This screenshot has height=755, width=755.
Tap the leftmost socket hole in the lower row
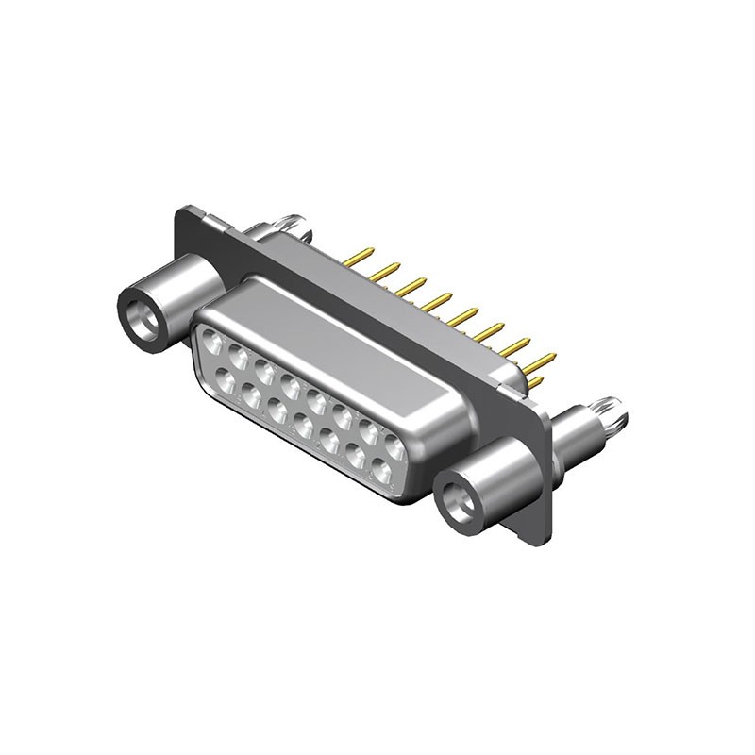[x=226, y=379]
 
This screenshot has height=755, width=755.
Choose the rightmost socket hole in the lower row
[x=381, y=469]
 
